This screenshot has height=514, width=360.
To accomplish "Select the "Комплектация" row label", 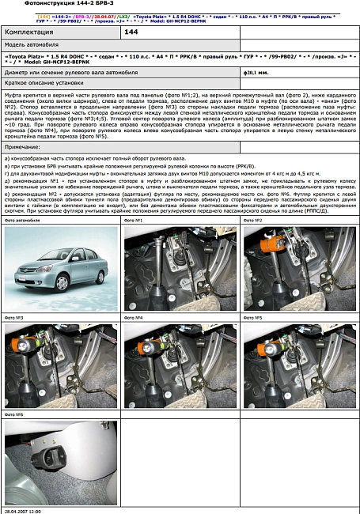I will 32,32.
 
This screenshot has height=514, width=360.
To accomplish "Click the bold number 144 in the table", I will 131,32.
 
